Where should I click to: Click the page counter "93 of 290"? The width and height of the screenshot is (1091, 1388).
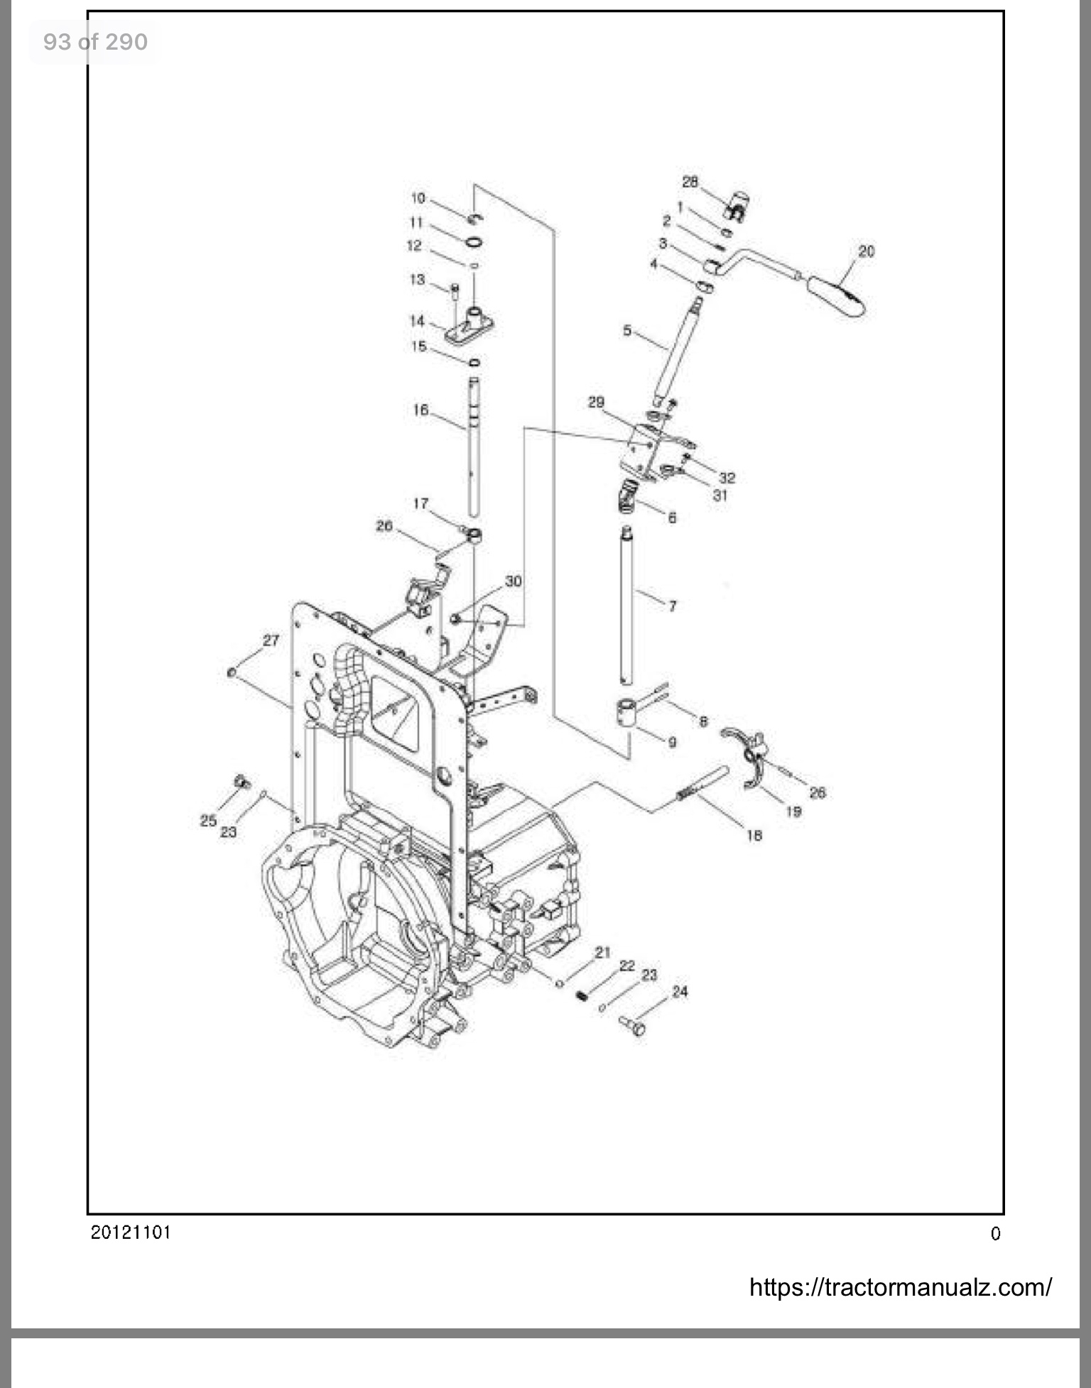click(x=95, y=42)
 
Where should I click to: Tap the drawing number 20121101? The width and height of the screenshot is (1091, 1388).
click(x=131, y=1232)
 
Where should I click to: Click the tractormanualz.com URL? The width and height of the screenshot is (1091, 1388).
click(x=901, y=1286)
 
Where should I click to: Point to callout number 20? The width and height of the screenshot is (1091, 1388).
click(x=867, y=251)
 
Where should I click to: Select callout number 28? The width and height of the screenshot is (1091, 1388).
click(x=690, y=182)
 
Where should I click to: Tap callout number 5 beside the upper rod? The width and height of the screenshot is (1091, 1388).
click(x=626, y=330)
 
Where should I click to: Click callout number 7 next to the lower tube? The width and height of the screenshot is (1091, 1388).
click(x=672, y=606)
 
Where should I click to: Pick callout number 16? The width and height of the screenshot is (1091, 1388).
click(x=420, y=410)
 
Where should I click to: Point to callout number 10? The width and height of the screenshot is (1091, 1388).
click(x=418, y=198)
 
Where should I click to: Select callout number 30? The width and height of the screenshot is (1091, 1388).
click(x=514, y=581)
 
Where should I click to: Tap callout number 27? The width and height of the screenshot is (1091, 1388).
click(x=271, y=640)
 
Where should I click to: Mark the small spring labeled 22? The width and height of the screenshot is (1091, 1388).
click(x=582, y=996)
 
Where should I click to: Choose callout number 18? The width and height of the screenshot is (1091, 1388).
click(x=754, y=836)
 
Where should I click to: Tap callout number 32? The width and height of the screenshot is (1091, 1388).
click(x=727, y=478)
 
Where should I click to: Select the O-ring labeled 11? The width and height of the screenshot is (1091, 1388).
click(x=474, y=244)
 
